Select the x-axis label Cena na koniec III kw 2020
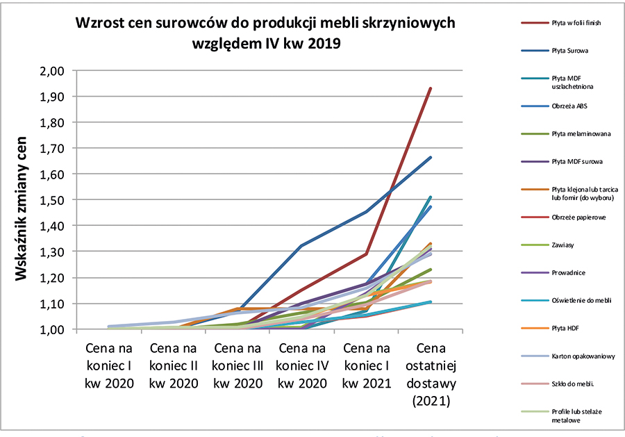[x=239, y=364]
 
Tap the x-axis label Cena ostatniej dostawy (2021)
[x=431, y=373]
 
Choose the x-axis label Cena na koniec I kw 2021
[x=367, y=364]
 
